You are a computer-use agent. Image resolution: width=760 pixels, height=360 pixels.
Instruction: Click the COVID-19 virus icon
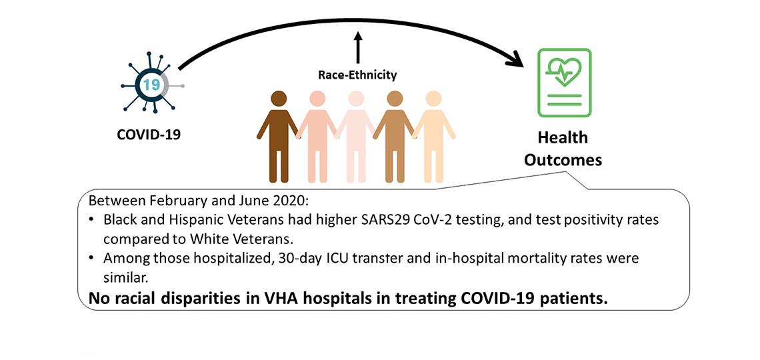coord(151,85)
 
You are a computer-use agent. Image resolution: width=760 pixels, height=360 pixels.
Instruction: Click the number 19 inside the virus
coord(151,85)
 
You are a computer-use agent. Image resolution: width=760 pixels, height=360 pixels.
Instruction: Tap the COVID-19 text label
coord(149,134)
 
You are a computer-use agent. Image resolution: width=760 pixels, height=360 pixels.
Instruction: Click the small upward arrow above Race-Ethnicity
coord(357,48)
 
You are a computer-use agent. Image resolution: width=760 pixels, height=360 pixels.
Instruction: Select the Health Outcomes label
coord(563,149)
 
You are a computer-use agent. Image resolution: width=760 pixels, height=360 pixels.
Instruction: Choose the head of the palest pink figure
coord(357,99)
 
